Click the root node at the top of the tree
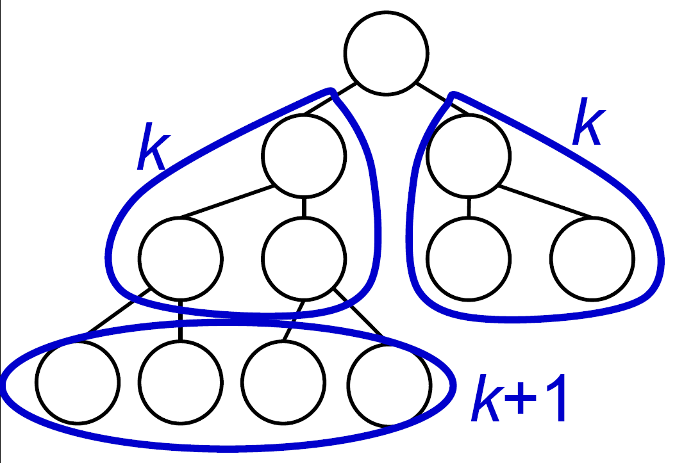[386, 53]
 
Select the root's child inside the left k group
[304, 156]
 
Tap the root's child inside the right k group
[469, 156]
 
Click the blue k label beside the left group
[153, 146]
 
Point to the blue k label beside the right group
[589, 121]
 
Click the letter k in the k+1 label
[487, 398]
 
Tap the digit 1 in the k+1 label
[555, 398]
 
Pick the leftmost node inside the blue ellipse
[78, 382]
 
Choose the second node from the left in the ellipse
[180, 382]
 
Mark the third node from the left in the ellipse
[283, 382]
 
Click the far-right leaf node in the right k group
[592, 259]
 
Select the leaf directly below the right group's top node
[469, 259]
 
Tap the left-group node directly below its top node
[304, 259]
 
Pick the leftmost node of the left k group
[180, 259]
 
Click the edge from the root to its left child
[329, 99]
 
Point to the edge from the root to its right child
[442, 99]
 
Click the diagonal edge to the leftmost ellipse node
[119, 311]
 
